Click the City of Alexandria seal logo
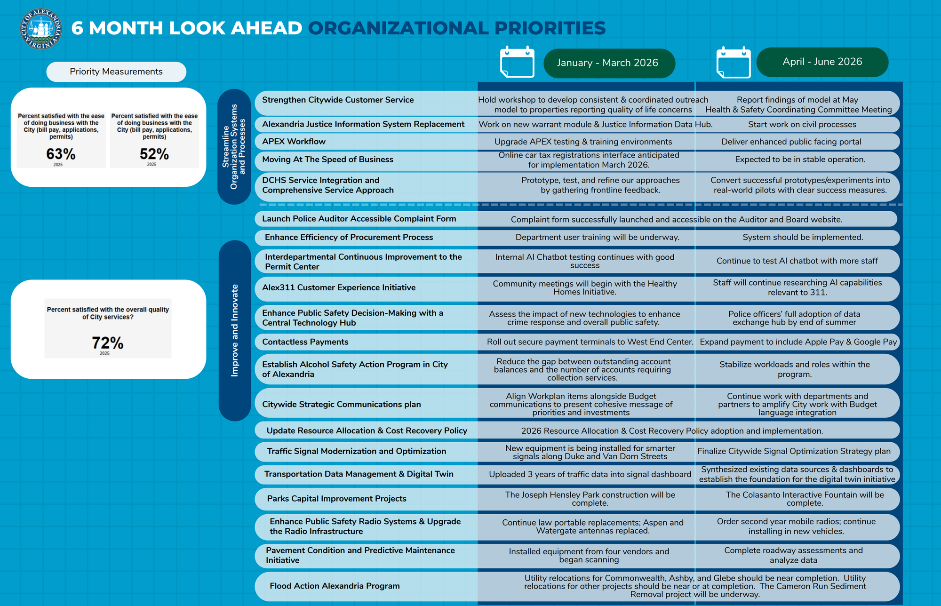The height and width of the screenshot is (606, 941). pyautogui.click(x=41, y=28)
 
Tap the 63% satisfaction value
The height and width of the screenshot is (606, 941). pyautogui.click(x=61, y=154)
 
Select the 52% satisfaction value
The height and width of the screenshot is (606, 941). pyautogui.click(x=154, y=154)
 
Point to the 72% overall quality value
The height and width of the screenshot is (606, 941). pyautogui.click(x=108, y=343)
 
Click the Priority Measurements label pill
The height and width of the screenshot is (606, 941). pyautogui.click(x=116, y=72)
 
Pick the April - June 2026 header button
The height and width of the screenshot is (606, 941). pyautogui.click(x=822, y=62)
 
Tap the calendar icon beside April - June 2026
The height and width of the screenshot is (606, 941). pyautogui.click(x=733, y=62)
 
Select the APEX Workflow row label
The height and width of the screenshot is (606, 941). pyautogui.click(x=294, y=142)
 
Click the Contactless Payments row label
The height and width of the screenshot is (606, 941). pyautogui.click(x=305, y=342)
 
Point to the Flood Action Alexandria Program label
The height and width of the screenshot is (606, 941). pyautogui.click(x=335, y=586)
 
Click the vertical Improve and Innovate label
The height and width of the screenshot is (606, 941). pyautogui.click(x=235, y=330)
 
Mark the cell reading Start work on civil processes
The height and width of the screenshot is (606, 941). pyautogui.click(x=802, y=125)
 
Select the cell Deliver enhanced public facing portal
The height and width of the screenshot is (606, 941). pyautogui.click(x=791, y=142)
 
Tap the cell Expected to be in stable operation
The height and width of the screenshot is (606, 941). pyautogui.click(x=800, y=159)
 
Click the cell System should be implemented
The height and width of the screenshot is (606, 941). pyautogui.click(x=803, y=238)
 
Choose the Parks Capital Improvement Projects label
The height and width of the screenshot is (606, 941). pyautogui.click(x=336, y=499)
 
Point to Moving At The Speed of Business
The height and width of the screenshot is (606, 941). pyautogui.click(x=327, y=159)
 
